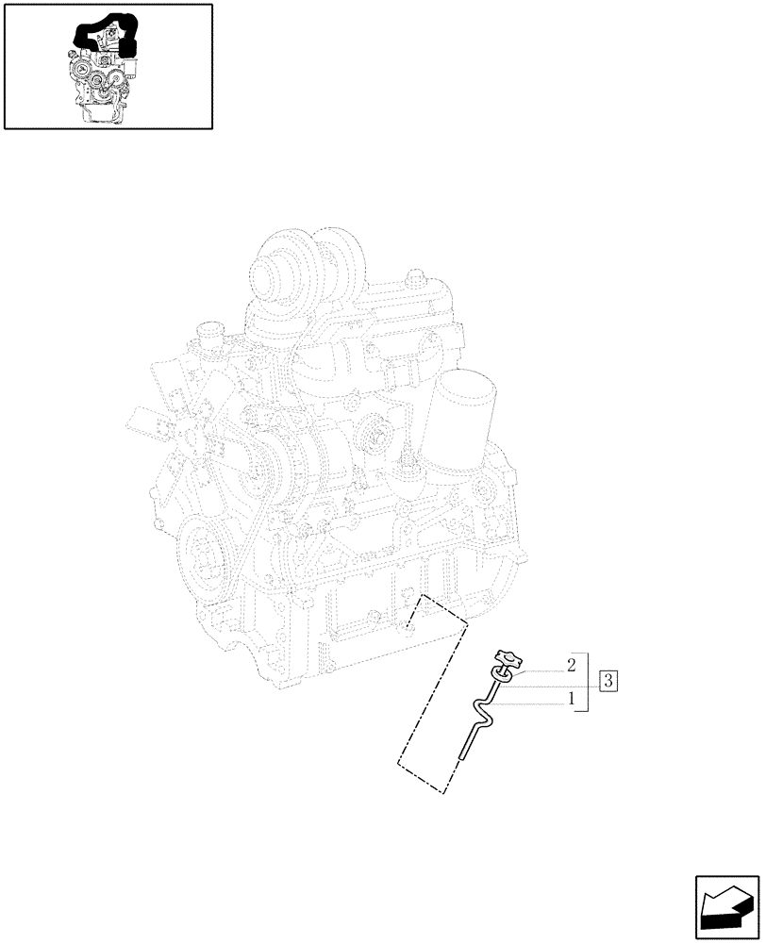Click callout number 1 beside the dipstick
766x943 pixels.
pyautogui.click(x=572, y=702)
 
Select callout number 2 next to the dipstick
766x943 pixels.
pyautogui.click(x=572, y=666)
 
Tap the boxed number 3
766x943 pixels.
pyautogui.click(x=608, y=681)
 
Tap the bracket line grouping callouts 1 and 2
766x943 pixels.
pyautogui.click(x=588, y=681)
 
